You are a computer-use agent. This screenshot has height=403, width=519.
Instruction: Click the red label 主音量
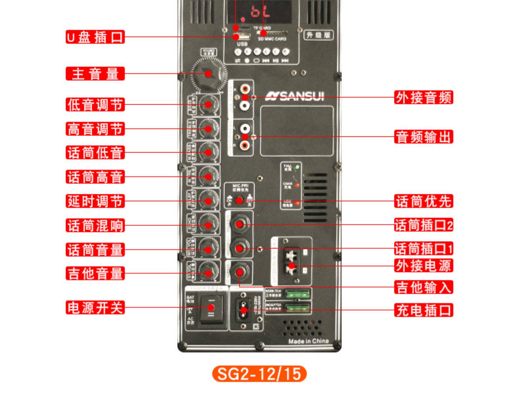click(95, 74)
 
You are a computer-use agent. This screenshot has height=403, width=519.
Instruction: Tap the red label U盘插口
click(95, 37)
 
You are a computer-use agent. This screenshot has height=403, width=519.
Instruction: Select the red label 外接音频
click(423, 97)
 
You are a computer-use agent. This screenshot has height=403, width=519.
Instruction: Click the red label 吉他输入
click(423, 287)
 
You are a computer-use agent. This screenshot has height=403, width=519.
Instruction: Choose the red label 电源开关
click(95, 308)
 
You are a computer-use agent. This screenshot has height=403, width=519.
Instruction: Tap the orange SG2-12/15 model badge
click(259, 374)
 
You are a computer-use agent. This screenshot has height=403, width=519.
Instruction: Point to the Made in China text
click(308, 341)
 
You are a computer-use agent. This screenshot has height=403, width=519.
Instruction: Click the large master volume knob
click(208, 74)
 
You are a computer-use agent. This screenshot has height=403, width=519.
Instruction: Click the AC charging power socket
click(243, 310)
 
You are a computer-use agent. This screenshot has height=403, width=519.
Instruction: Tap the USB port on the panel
click(242, 36)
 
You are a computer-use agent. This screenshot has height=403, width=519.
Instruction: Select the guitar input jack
click(240, 272)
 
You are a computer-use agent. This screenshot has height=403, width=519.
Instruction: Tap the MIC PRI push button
click(239, 200)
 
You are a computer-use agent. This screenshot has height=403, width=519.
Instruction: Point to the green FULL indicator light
click(297, 167)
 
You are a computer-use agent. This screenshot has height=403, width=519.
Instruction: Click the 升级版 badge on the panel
click(318, 35)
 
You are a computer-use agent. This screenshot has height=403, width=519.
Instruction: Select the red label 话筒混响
click(95, 225)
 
